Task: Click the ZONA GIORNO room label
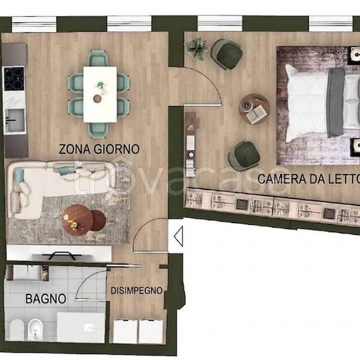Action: [99, 149]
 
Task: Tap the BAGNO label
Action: [46, 298]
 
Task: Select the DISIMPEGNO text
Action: [137, 291]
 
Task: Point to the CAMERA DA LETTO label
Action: [308, 179]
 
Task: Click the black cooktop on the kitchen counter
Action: [14, 79]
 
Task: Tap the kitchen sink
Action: [15, 120]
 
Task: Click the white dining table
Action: [100, 94]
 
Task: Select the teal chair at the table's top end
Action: [98, 58]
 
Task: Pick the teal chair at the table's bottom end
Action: [98, 130]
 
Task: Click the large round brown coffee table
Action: [77, 220]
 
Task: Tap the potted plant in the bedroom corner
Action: [197, 48]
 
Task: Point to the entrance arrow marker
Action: [179, 236]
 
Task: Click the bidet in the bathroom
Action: [35, 329]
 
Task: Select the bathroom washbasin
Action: [27, 273]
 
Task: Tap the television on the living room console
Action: [62, 255]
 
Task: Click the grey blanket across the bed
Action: [336, 102]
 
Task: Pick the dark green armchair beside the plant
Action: [227, 54]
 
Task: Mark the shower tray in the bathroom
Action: [81, 327]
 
